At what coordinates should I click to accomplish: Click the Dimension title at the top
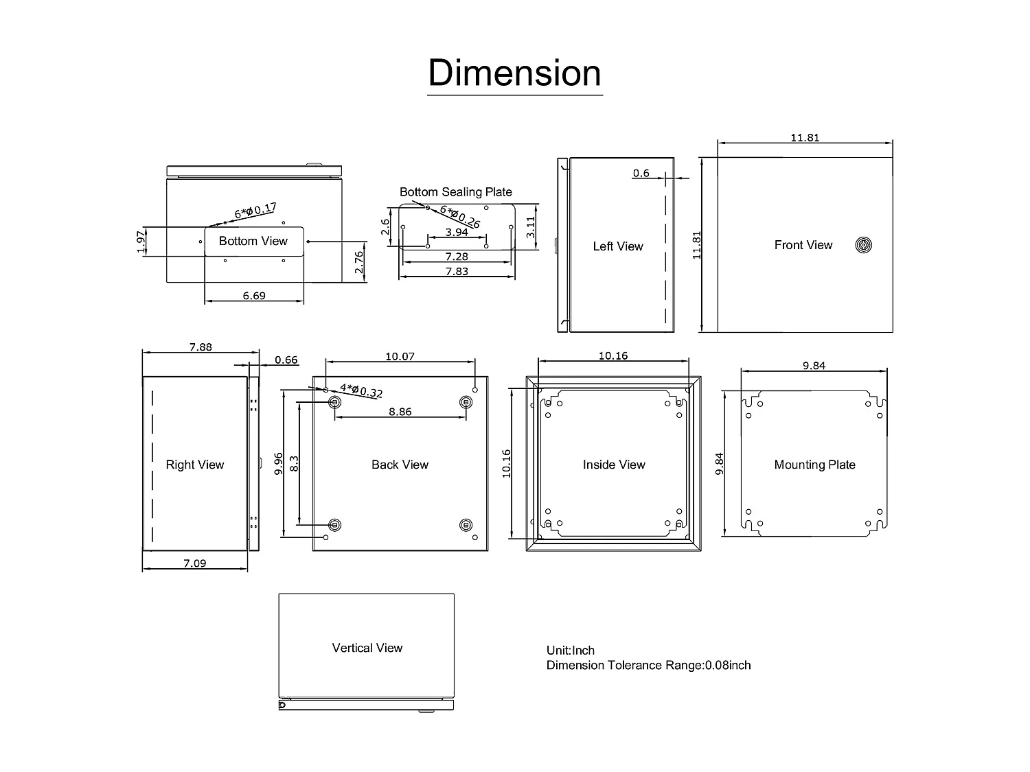pos(514,73)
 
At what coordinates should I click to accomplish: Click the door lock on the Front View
pos(863,245)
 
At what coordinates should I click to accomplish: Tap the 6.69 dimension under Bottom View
pos(254,296)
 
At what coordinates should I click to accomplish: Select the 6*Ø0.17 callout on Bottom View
pos(255,211)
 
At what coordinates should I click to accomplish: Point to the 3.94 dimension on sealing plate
pos(457,233)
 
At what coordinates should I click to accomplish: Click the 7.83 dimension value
pos(457,271)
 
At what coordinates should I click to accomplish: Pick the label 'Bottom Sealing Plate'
pos(456,192)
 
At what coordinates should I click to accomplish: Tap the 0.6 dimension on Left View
pos(641,173)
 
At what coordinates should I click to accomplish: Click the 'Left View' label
pos(618,246)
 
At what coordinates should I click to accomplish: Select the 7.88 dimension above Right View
pos(201,347)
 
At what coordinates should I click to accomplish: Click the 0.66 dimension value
pos(286,360)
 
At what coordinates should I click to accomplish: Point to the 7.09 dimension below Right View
pos(194,563)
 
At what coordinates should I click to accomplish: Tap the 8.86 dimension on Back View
pos(400,412)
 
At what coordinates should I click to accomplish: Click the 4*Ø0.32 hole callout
pos(361,391)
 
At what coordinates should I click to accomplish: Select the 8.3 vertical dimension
pos(294,463)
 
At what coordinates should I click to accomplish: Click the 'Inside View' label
pos(614,465)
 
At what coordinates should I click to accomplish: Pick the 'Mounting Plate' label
pos(814,465)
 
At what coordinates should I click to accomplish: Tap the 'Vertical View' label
pos(367,648)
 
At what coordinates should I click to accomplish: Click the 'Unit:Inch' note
pos(571,651)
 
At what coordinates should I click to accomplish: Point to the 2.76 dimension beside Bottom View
pos(358,261)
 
